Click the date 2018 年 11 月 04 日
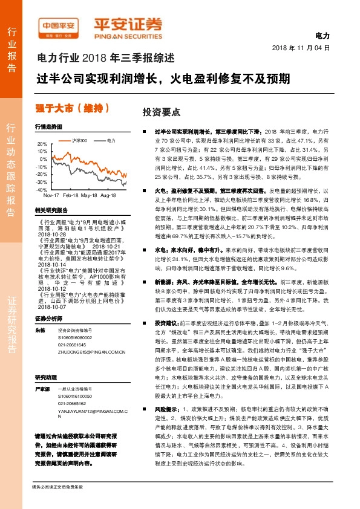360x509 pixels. click(x=301, y=47)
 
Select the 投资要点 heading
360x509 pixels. click(x=162, y=112)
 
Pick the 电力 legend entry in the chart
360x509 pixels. click(x=110, y=140)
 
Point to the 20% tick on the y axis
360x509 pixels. click(x=42, y=144)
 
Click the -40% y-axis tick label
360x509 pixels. click(x=42, y=189)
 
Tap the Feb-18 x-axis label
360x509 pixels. click(x=71, y=196)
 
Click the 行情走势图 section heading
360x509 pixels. click(x=48, y=128)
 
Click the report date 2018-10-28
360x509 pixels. click(x=49, y=233)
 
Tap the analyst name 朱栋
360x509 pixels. click(x=41, y=331)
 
